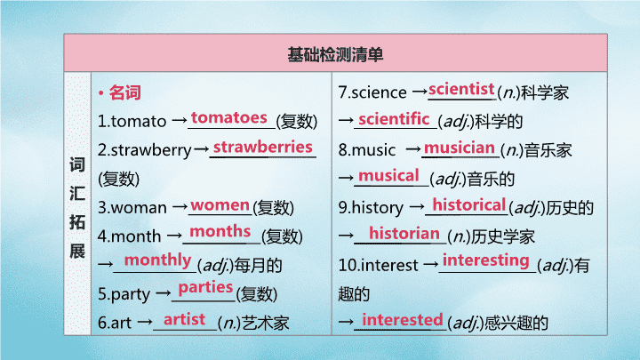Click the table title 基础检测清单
(335, 55)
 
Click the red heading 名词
(125, 92)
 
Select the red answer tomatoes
(229, 117)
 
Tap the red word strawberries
(263, 147)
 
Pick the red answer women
(220, 205)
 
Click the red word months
(220, 231)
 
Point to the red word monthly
(157, 260)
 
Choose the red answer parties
(205, 288)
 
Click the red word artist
(184, 319)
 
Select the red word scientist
(461, 89)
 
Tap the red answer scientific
(394, 119)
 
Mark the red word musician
(460, 148)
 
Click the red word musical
(388, 176)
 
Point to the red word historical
(469, 205)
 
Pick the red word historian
(404, 234)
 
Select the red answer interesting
(485, 260)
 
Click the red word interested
(403, 320)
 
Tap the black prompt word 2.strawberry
(145, 150)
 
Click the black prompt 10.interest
(379, 266)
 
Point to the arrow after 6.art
(145, 323)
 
